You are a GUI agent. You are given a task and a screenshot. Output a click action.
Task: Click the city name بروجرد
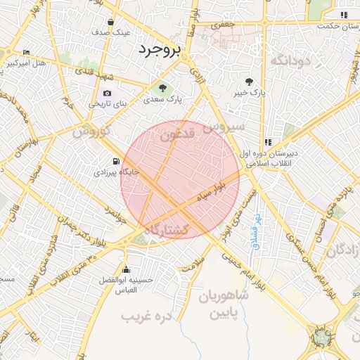coord(160,50)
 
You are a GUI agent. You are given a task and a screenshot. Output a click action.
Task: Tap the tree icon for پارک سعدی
coord(163,88)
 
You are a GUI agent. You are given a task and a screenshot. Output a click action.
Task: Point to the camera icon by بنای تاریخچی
coord(107,93)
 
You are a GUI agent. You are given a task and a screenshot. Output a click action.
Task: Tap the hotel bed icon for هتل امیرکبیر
coord(27,53)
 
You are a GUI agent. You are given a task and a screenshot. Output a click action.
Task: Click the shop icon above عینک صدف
coord(111,21)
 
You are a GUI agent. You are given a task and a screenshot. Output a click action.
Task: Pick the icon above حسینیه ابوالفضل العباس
coord(126,269)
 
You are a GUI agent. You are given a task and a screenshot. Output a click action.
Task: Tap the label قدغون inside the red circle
coord(178,134)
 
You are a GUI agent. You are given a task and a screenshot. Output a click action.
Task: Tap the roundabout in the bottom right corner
coord(322,337)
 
